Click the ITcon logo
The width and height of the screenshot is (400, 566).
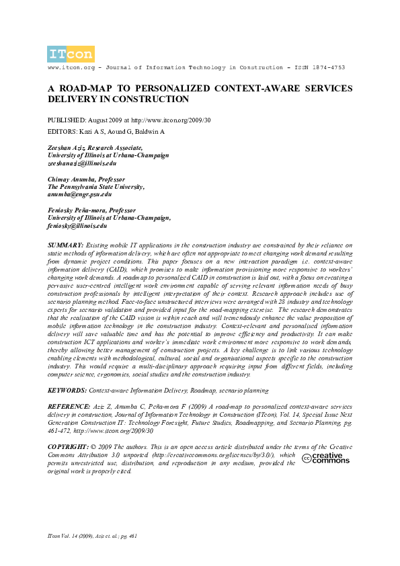click(71, 54)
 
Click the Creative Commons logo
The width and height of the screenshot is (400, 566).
click(326, 458)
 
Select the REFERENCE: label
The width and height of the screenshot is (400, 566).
click(68, 407)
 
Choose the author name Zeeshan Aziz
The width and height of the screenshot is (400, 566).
click(65, 147)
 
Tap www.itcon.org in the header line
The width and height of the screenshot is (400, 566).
click(70, 69)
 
